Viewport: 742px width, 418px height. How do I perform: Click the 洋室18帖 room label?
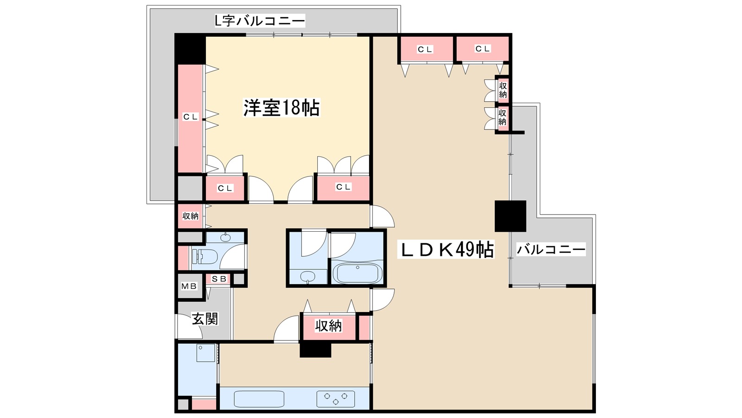[281, 108]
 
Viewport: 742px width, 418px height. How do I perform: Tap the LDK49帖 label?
[446, 250]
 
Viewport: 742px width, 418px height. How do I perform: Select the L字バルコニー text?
[259, 21]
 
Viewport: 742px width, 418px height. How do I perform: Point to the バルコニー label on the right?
[551, 250]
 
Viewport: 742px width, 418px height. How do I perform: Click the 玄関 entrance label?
[205, 319]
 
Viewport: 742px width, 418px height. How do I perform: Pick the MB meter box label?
[189, 286]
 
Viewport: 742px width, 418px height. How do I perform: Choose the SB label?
[219, 279]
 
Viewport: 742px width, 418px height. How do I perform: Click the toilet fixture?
[205, 256]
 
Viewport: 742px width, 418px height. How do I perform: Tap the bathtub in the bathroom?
[357, 273]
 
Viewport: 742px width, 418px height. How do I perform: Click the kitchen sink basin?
[259, 399]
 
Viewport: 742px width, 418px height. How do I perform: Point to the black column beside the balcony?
[510, 216]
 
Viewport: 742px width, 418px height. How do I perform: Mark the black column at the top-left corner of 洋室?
[190, 49]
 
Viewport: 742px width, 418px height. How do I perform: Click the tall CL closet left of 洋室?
[190, 117]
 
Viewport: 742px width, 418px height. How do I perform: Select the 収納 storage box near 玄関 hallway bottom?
[328, 326]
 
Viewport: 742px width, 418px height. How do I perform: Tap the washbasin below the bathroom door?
[307, 277]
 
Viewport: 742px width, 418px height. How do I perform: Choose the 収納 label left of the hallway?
[190, 216]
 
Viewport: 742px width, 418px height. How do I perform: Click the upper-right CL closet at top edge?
[482, 49]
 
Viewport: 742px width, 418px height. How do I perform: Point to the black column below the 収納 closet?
[315, 350]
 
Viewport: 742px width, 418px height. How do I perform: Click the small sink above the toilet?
[225, 237]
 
